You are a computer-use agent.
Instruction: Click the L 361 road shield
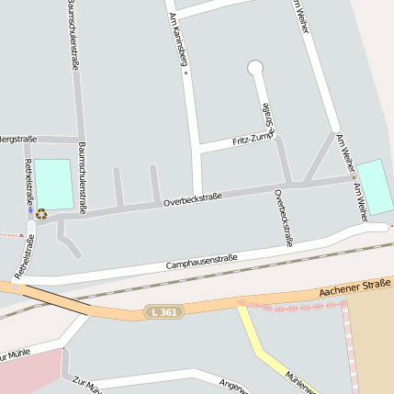coord(163,313)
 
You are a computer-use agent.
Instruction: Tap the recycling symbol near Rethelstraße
coord(40,214)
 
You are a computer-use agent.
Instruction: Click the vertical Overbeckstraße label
coord(283,218)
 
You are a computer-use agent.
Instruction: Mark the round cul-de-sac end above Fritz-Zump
coord(255,67)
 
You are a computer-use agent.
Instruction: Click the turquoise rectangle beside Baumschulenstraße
coord(53,184)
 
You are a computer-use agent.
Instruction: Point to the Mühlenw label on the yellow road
coord(299,379)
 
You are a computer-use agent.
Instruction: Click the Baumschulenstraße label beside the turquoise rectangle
coord(82,178)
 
